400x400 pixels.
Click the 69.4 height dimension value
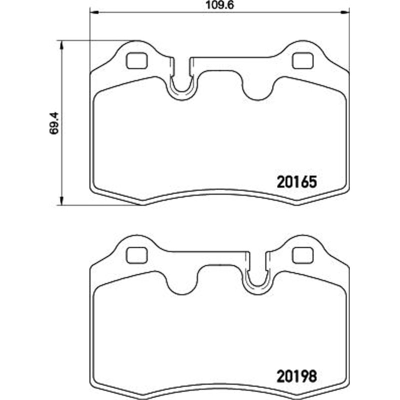click(55, 122)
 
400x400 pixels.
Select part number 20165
click(296, 181)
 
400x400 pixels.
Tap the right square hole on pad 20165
click(301, 60)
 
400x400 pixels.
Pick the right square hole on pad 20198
click(301, 255)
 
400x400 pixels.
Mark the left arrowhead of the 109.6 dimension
click(93, 11)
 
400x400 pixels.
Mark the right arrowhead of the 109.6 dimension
click(345, 11)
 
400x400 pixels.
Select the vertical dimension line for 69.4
click(61, 160)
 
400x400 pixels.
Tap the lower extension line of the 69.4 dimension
click(100, 204)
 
